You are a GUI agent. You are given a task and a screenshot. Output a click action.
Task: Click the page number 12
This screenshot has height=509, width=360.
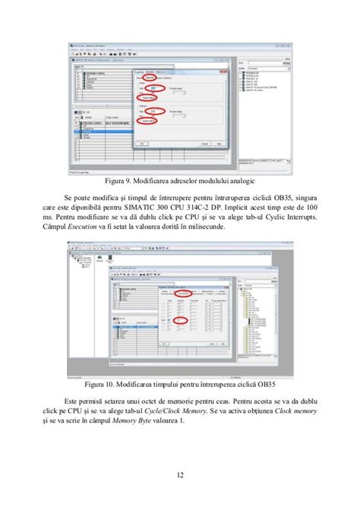(x=179, y=476)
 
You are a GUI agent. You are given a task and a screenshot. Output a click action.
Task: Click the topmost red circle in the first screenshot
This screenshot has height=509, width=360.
(x=150, y=77)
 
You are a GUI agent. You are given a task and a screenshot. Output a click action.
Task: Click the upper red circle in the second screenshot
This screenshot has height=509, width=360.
(x=182, y=292)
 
